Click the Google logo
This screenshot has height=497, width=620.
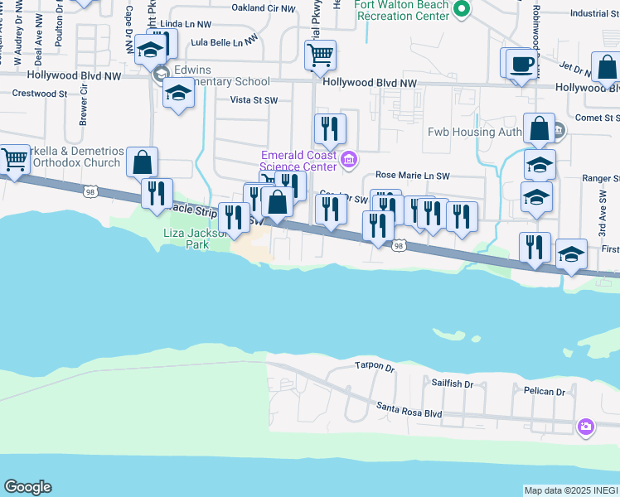27,487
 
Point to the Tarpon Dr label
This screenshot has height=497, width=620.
371,365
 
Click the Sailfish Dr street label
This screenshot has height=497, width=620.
452,384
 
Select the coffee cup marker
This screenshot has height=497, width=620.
521,65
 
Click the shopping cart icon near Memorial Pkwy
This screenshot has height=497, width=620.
320,56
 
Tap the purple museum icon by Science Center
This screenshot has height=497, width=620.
349,159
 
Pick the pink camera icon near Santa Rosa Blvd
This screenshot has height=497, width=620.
586,427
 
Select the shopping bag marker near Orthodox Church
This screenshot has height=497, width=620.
143,163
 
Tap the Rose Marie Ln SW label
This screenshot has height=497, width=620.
412,176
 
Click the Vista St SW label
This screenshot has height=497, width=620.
254,99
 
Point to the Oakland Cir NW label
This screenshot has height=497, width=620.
264,8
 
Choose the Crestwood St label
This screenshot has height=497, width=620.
39,94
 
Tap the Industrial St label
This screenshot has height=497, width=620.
589,13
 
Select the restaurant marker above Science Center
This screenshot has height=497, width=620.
331,128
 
